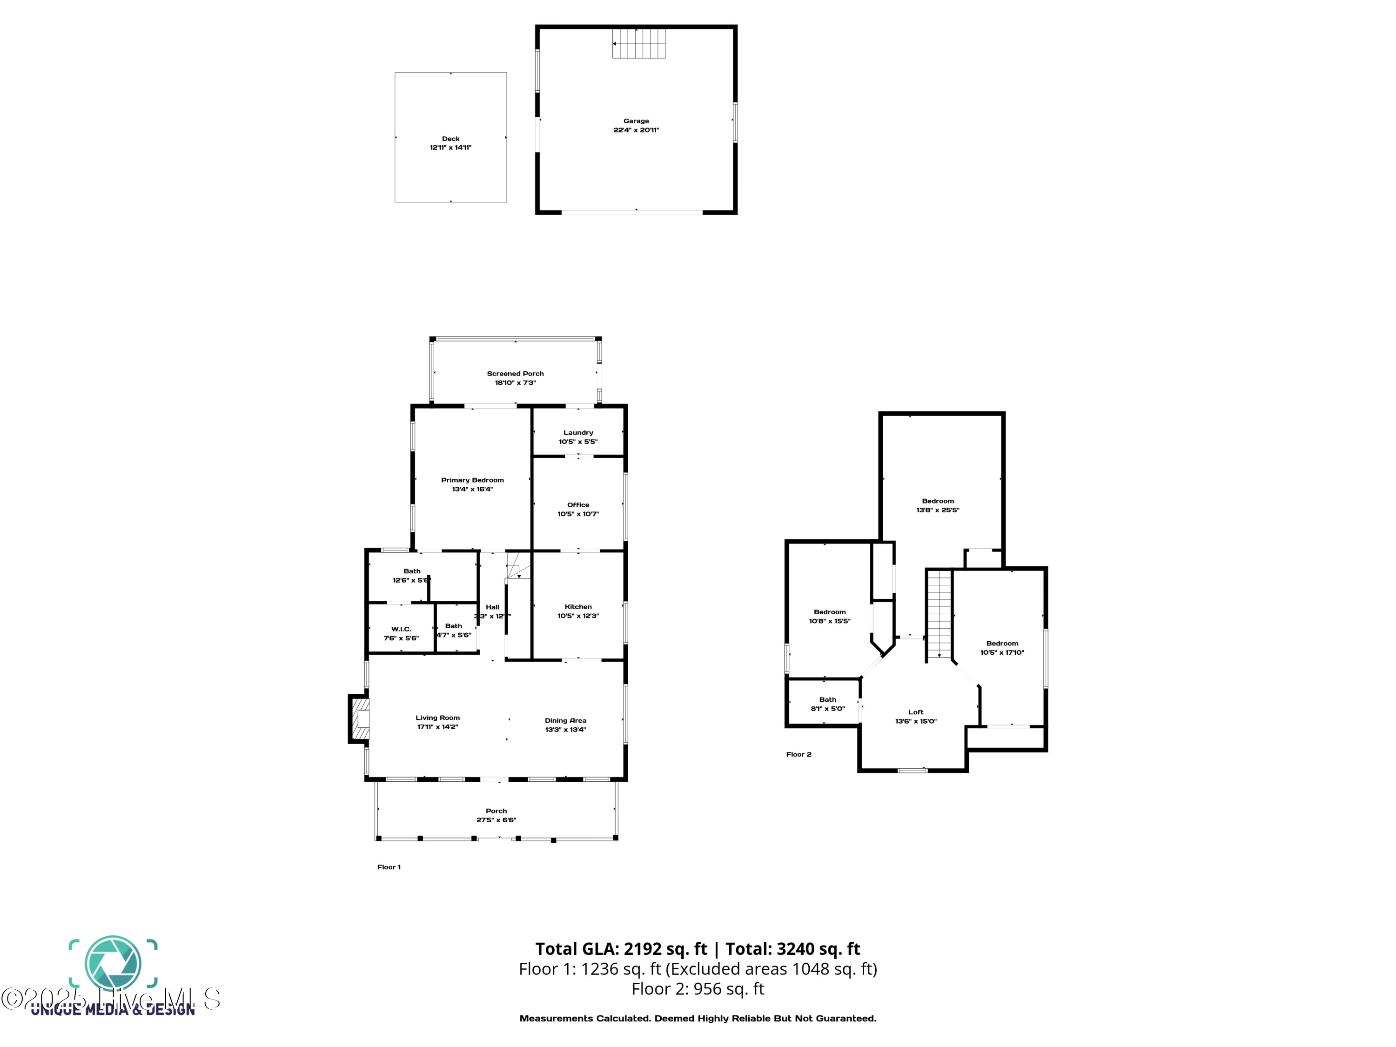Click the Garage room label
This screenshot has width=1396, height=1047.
pos(636,121)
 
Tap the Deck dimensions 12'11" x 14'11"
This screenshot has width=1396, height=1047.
pos(450,148)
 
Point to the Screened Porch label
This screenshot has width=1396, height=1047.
pos(515,374)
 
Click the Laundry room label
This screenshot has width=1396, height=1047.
pos(578,433)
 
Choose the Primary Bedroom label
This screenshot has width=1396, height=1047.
pos(472,480)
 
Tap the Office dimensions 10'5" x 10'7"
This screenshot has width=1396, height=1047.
pos(578,514)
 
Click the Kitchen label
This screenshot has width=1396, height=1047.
pos(578,606)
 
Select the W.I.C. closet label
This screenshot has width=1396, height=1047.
pos(402,629)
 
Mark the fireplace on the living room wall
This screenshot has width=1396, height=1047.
pos(360,719)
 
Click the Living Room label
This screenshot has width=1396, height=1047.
pos(437,718)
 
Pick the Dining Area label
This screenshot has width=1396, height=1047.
pos(565,720)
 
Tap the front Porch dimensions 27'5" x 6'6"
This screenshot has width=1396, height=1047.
pos(496,820)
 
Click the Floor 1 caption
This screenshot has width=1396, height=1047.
pos(389,867)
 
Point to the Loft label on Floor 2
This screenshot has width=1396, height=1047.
pos(916,712)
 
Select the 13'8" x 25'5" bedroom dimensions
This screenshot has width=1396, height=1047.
pos(938,510)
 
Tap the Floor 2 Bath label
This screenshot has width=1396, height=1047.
pos(827,699)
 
